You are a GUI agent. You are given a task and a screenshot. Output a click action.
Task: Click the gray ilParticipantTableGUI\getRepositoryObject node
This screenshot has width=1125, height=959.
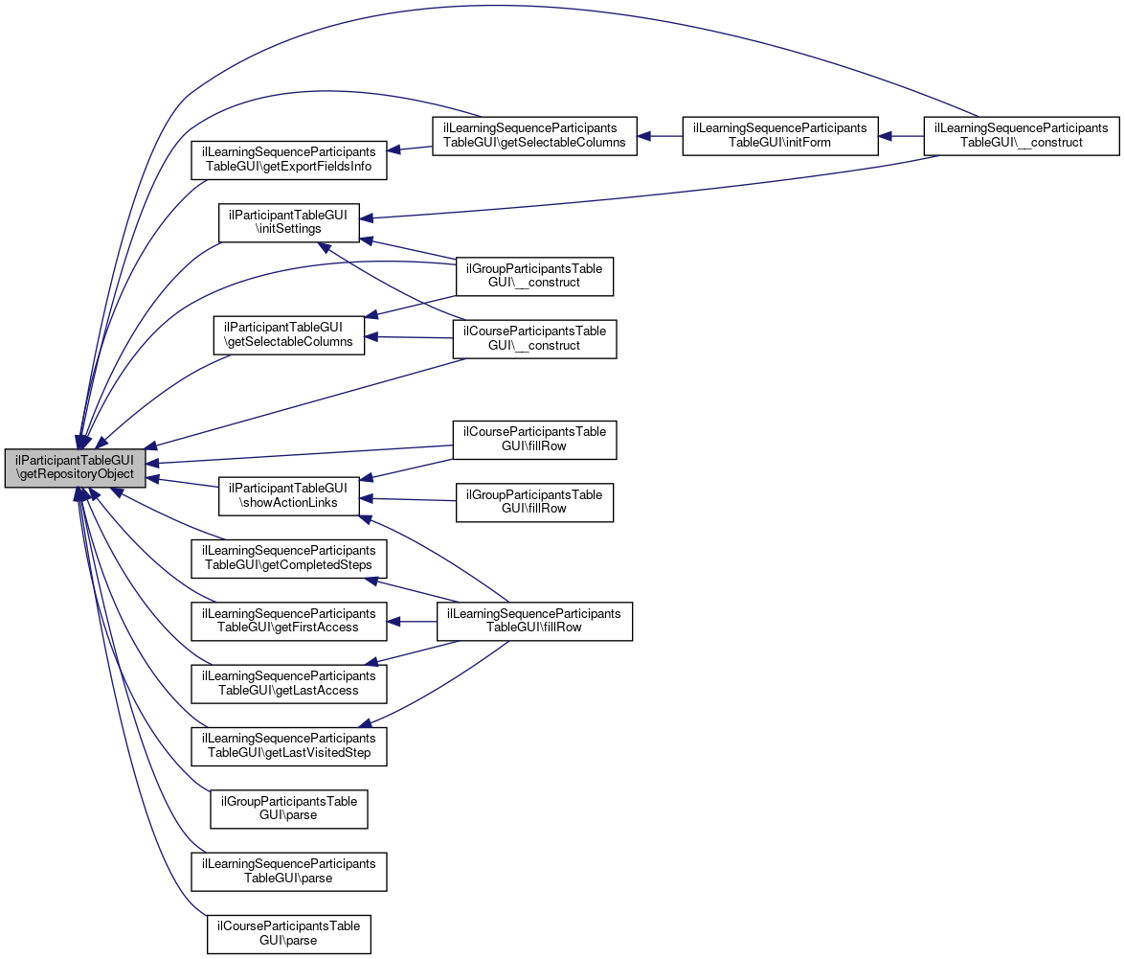tap(76, 468)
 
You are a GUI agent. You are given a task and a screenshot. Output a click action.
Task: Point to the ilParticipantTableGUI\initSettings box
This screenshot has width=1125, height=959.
tap(289, 222)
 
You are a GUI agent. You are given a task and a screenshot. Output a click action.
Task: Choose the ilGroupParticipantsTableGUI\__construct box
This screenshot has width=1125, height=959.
tap(534, 276)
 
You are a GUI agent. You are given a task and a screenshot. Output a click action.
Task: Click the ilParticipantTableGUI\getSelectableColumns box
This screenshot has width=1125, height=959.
tap(289, 334)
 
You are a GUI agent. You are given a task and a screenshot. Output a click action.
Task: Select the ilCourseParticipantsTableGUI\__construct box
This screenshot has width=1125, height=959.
tap(534, 338)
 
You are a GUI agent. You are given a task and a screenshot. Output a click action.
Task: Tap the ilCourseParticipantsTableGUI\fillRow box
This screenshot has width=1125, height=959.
tap(534, 439)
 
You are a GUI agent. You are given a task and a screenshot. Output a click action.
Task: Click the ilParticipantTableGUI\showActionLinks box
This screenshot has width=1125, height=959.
tap(289, 494)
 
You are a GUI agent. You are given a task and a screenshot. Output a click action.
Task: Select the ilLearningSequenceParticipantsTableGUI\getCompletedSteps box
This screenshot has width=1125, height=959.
tap(289, 558)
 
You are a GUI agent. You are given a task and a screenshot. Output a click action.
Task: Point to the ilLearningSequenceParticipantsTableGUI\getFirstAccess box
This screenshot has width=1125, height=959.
tap(289, 621)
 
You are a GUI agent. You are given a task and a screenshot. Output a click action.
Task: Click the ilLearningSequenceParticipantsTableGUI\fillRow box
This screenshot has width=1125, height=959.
tap(534, 621)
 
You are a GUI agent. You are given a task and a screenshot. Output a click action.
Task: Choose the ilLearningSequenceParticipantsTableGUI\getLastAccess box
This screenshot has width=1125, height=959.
tap(289, 683)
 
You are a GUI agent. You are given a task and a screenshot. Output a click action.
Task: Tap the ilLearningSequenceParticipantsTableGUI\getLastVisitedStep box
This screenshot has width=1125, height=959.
tap(289, 745)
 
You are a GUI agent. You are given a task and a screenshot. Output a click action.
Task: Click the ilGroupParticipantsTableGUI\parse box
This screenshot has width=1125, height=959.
tap(289, 809)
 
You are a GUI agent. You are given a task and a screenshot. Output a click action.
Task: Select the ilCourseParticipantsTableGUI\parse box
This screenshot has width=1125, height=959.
tap(289, 933)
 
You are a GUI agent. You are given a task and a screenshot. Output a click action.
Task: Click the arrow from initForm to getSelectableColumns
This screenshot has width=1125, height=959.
tap(660, 136)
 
